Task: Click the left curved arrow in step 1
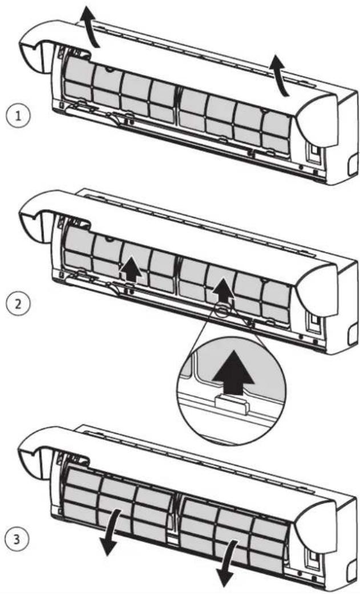[91, 27]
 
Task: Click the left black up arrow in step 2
[131, 270]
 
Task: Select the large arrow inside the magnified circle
[233, 371]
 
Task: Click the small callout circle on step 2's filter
[224, 309]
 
